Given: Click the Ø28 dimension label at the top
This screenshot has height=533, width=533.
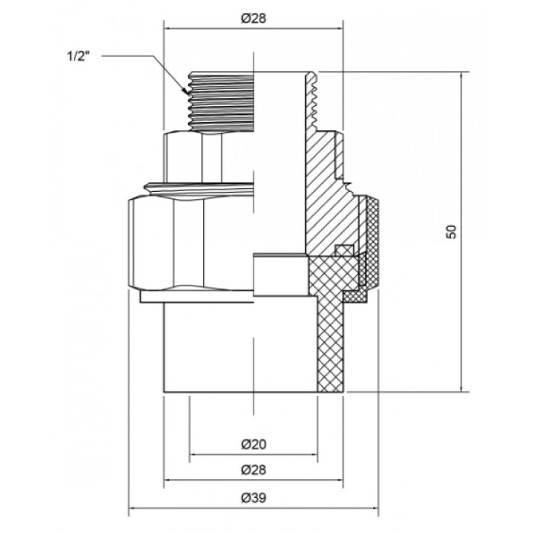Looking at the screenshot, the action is pyautogui.click(x=254, y=18).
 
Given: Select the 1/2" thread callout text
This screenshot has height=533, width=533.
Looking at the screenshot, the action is pyautogui.click(x=78, y=56).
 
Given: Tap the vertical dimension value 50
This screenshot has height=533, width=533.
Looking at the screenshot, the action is pyautogui.click(x=452, y=231).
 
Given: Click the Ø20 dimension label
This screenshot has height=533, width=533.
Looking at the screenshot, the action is pyautogui.click(x=254, y=444).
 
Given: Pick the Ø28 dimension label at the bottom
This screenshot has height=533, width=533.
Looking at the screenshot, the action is pyautogui.click(x=254, y=470).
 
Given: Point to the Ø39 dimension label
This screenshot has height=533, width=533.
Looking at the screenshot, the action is pyautogui.click(x=254, y=498).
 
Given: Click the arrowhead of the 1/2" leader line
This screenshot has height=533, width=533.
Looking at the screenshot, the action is pyautogui.click(x=186, y=91).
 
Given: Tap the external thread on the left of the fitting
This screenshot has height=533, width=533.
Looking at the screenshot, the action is pyautogui.click(x=222, y=101).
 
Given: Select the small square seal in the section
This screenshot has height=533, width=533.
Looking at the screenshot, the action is pyautogui.click(x=343, y=251).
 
